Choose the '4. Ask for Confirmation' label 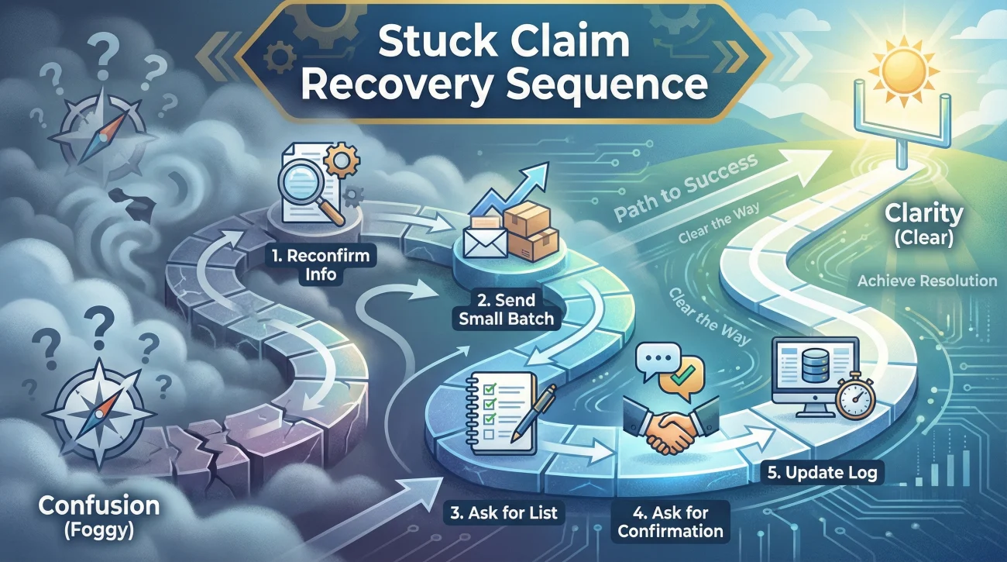(x=671, y=522)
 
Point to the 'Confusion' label (x=98, y=506)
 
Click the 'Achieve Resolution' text (x=926, y=281)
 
